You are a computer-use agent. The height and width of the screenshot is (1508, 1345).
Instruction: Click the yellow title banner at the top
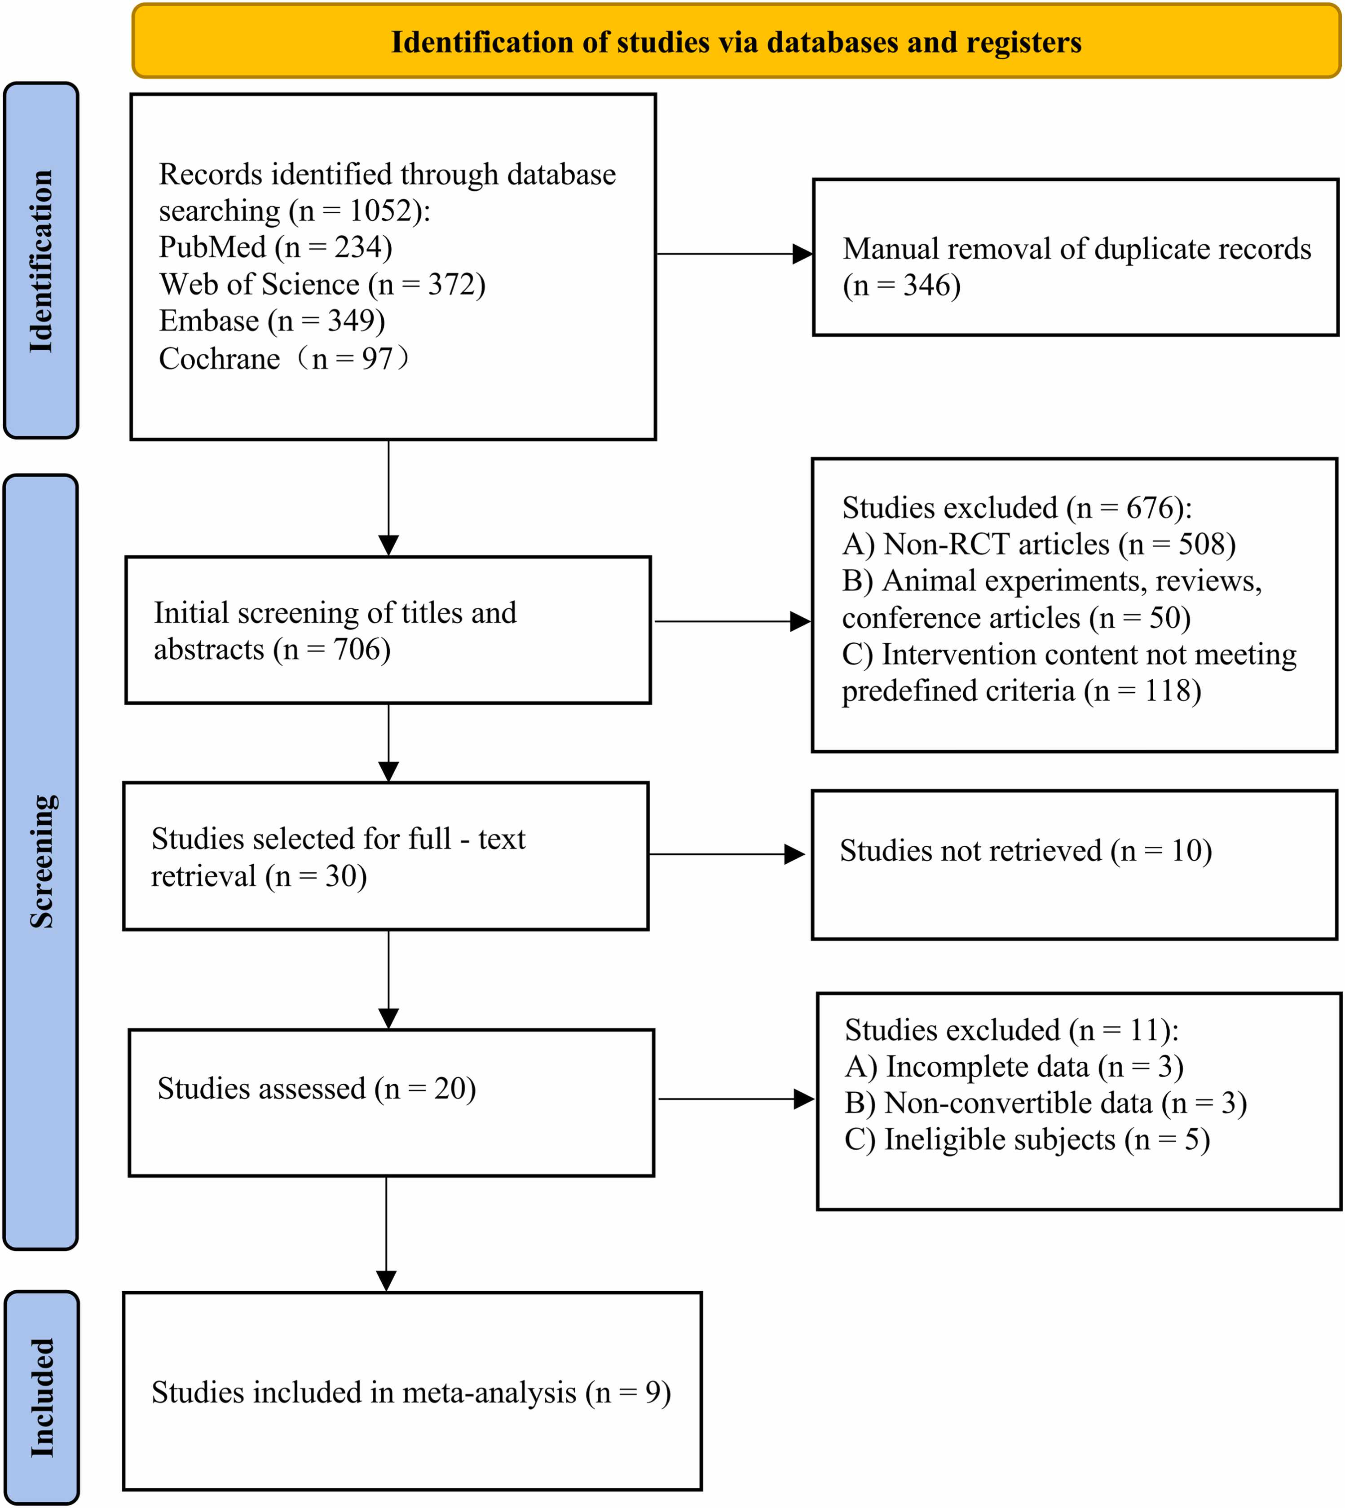pos(736,41)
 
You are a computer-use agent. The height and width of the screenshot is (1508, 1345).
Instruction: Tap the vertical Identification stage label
pos(41,261)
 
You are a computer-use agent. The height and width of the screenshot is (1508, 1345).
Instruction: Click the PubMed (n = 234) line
pos(276,247)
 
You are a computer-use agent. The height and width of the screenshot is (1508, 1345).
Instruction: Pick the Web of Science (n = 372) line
pos(322,285)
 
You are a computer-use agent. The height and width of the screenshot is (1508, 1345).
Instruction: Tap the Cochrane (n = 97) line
pos(285,358)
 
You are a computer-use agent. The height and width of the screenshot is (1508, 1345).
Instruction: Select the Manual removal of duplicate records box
pos(1076,257)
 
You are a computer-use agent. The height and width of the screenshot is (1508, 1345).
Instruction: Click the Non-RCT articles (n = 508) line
pos(1039,545)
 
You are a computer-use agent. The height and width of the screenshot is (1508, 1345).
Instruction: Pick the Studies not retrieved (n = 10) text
pos(1026,851)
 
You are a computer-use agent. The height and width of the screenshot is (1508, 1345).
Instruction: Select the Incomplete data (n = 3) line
pos(1014,1067)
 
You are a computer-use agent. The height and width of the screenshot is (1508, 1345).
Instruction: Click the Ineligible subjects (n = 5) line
pos(1027,1139)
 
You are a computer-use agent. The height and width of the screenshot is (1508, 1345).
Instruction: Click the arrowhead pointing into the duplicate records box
pos(803,254)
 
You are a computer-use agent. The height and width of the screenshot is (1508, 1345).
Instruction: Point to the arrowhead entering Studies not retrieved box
pos(794,855)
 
